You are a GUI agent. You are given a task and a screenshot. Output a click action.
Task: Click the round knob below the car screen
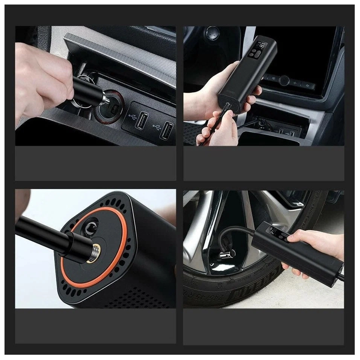point(284,80)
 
